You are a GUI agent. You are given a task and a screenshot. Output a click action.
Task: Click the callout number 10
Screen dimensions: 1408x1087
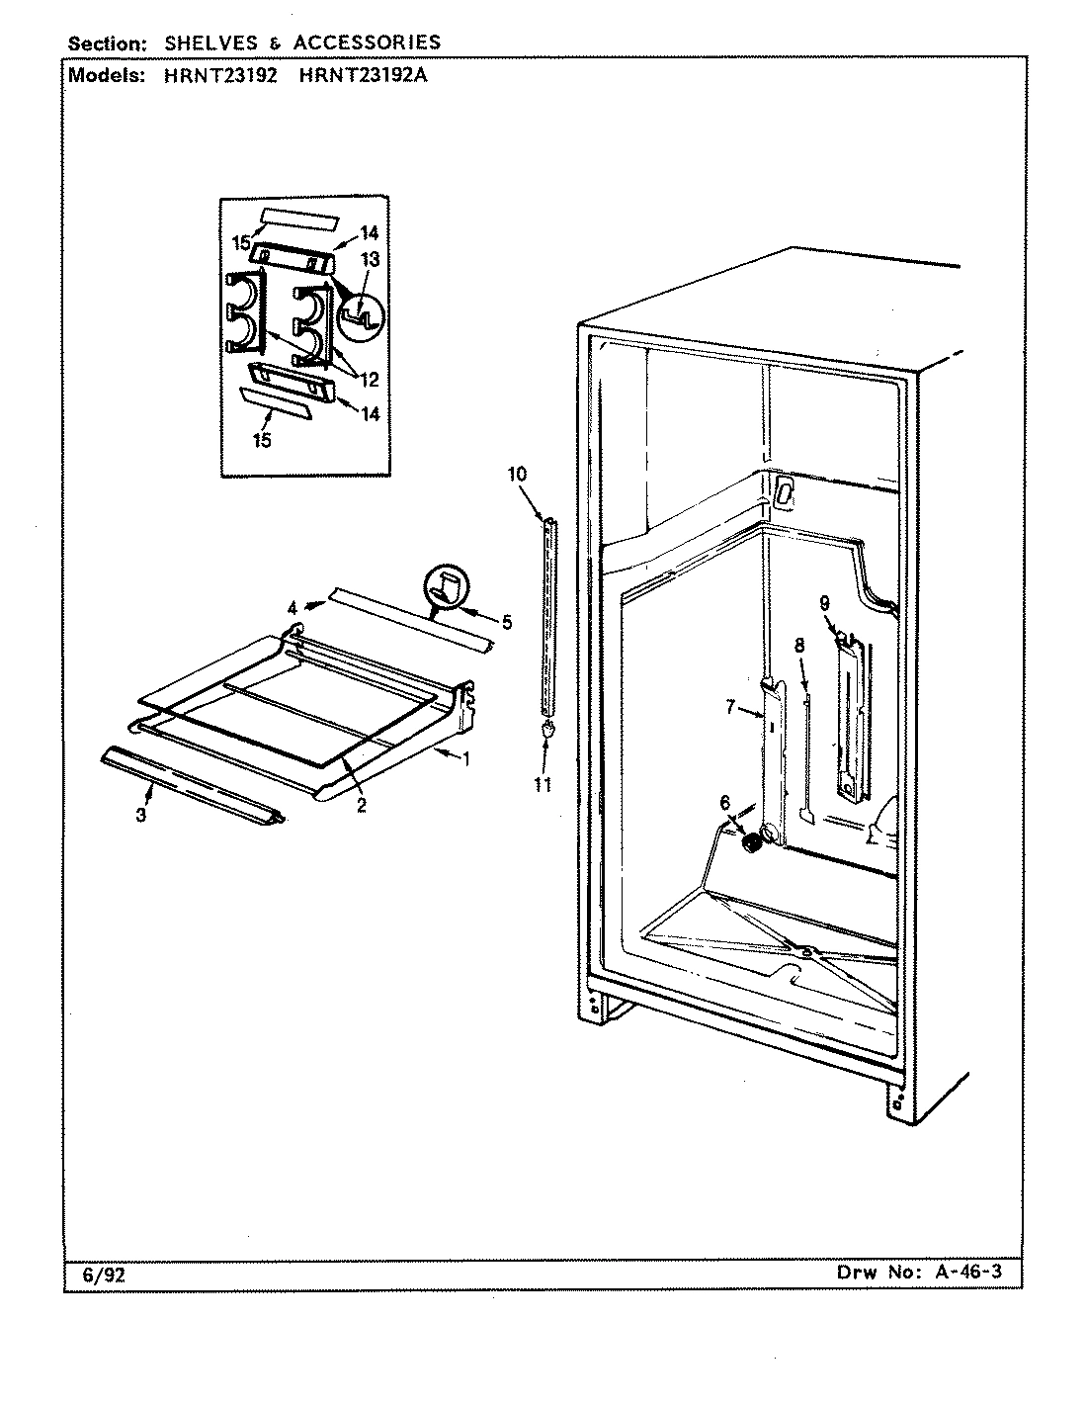click(518, 474)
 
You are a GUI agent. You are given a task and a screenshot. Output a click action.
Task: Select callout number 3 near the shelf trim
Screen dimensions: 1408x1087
click(141, 815)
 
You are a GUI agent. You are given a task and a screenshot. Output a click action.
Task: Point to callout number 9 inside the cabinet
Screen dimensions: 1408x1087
click(823, 602)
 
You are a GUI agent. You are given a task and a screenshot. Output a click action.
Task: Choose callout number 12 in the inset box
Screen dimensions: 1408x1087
click(368, 379)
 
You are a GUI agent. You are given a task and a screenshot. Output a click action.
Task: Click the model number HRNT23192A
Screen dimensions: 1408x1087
click(362, 77)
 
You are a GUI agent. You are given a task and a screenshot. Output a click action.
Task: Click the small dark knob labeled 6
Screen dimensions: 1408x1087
click(752, 843)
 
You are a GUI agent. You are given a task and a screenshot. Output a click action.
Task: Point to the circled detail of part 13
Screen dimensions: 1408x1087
click(364, 314)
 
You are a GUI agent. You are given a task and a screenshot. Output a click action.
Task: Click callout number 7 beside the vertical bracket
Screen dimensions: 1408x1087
click(731, 707)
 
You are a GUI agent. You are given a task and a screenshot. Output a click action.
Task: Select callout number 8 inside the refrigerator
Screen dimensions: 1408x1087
click(799, 645)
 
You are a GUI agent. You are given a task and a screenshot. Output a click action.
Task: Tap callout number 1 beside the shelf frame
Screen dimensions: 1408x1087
click(466, 758)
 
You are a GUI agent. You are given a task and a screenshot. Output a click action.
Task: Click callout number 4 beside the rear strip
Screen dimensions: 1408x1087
click(293, 607)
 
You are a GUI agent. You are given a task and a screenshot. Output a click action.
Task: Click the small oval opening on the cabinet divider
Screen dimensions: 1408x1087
click(785, 494)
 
